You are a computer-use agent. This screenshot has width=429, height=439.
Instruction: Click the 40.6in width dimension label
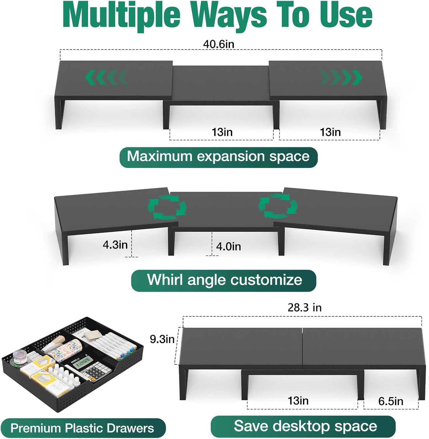(218, 44)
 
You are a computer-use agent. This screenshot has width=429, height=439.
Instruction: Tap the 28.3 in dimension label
(304, 307)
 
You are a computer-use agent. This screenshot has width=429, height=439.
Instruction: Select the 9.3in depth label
(162, 339)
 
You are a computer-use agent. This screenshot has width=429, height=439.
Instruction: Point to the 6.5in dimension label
(391, 401)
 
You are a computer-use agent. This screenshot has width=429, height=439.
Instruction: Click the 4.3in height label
(115, 245)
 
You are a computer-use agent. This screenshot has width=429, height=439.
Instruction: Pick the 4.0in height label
(228, 246)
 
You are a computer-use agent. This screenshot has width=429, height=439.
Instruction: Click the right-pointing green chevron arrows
(341, 78)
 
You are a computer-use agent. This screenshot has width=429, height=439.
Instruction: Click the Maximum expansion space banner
(218, 157)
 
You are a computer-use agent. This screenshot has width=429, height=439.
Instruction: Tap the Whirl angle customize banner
(224, 280)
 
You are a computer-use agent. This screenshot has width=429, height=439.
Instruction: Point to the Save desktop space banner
(303, 426)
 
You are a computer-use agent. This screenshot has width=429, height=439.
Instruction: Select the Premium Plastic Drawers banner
(83, 428)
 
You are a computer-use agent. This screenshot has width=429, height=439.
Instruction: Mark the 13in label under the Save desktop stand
(298, 401)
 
